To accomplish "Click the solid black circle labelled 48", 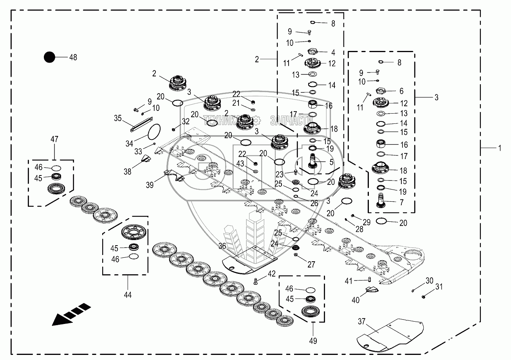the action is tap(49, 57).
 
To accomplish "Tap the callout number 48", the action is tap(73, 57).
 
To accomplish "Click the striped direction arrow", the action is tap(71, 314).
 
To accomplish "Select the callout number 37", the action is tap(361, 322).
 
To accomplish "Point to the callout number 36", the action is tap(222, 246).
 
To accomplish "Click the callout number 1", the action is tap(500, 148).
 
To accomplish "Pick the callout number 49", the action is tap(313, 341).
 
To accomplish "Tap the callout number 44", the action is tap(128, 295).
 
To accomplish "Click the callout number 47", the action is tap(54, 139).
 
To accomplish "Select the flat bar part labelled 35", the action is tap(141, 125).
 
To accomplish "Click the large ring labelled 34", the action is tap(154, 132).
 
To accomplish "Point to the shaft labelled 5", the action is tap(312, 161).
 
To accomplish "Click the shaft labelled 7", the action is tap(381, 201).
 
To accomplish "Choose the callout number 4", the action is tap(333, 52).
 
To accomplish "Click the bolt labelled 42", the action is tap(256, 281).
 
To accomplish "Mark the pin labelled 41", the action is tap(370, 280).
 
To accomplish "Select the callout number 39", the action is tap(150, 185).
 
